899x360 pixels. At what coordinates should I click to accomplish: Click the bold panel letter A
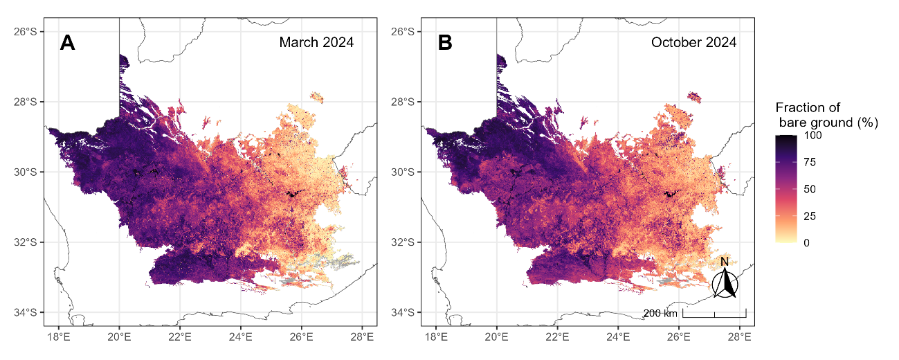click(x=67, y=42)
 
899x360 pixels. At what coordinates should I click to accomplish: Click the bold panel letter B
click(x=445, y=42)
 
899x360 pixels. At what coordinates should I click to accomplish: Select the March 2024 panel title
click(x=316, y=42)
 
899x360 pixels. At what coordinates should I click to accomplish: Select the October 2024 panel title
click(x=693, y=42)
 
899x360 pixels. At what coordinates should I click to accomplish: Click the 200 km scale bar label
click(x=660, y=313)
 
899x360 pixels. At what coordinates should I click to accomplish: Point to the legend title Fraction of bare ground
click(x=827, y=115)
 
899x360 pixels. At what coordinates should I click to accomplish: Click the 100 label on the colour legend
click(x=812, y=135)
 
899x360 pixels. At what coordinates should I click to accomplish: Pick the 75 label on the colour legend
click(x=810, y=162)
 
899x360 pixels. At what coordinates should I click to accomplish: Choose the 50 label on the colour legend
click(x=810, y=189)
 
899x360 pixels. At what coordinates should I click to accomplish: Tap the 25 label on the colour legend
click(x=810, y=216)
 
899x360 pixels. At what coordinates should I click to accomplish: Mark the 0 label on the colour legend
click(x=807, y=243)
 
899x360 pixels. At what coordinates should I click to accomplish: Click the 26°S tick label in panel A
click(x=26, y=31)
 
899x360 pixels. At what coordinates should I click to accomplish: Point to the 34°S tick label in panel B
click(x=403, y=312)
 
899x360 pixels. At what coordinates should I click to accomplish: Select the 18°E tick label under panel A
click(x=59, y=336)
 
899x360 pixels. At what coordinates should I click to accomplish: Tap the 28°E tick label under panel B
click(x=739, y=336)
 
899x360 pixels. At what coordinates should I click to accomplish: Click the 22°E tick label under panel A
click(x=180, y=336)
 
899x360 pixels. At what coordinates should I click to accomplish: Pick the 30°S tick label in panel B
click(x=403, y=172)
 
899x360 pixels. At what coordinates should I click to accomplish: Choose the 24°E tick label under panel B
click(x=618, y=336)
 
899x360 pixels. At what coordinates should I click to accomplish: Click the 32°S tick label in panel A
click(x=26, y=242)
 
